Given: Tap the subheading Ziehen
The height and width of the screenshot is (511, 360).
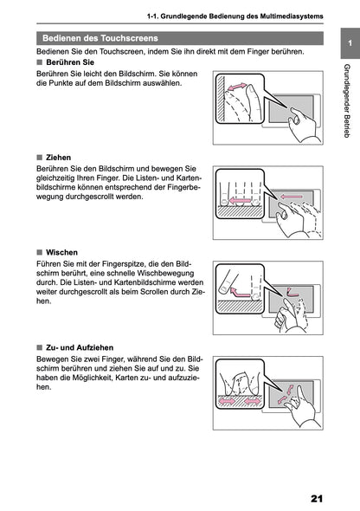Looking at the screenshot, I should click(58, 158).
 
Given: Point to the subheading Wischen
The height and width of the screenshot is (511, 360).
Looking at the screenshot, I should click(62, 253).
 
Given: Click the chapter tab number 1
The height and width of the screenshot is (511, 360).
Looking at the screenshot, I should click(347, 44).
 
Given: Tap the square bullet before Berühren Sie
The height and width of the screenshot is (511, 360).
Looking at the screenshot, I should click(39, 64).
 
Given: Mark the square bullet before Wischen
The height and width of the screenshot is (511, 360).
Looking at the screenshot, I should click(39, 253).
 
